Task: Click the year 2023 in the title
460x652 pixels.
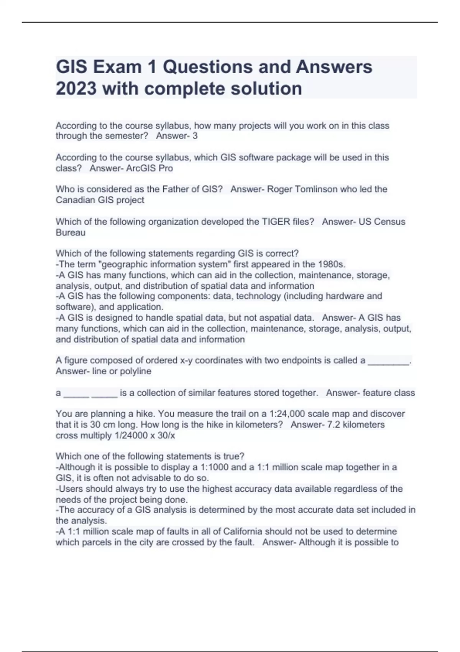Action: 76,89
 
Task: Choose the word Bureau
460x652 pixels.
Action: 71,232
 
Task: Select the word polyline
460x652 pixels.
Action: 136,371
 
